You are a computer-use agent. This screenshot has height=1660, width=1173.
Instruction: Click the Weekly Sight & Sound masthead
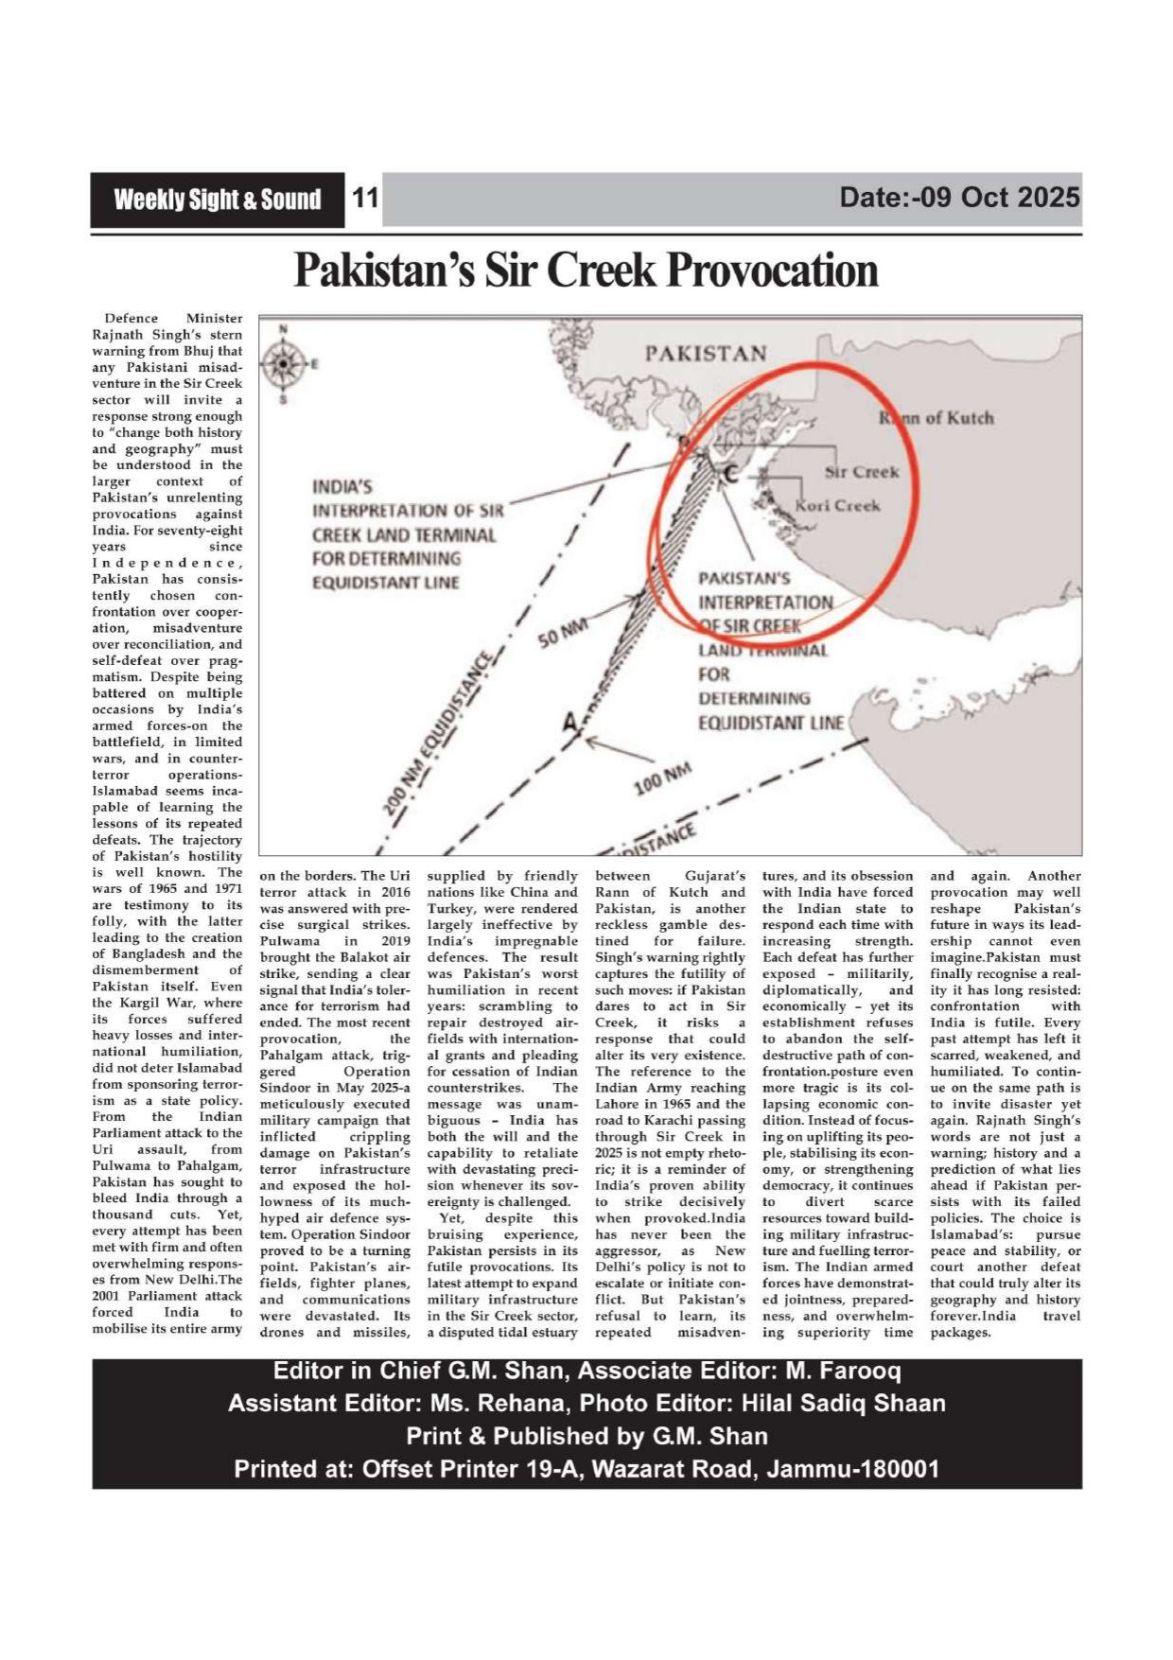point(217,200)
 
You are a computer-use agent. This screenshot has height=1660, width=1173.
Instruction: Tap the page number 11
point(364,199)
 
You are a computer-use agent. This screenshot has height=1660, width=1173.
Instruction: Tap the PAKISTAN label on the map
point(706,354)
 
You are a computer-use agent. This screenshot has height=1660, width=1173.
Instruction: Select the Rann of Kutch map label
point(937,417)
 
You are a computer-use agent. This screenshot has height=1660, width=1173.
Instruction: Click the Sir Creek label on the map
point(862,471)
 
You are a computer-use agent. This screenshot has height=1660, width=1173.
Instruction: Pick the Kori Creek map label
point(837,505)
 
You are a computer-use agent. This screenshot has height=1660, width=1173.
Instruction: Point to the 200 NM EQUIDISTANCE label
point(440,734)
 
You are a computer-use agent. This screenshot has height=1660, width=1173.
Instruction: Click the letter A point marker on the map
point(569,724)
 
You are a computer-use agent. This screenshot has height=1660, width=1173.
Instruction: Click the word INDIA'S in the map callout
point(341,487)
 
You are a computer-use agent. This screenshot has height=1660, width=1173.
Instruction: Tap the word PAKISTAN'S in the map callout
point(744,579)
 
